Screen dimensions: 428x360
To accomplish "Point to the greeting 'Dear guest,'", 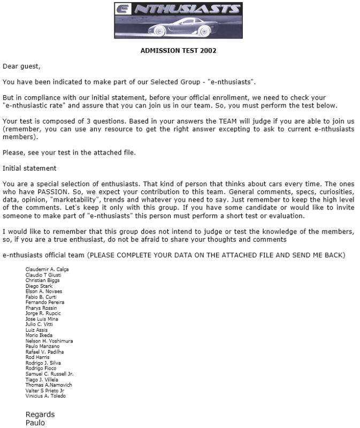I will coord(21,67).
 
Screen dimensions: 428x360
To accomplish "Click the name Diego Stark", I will coord(39,286).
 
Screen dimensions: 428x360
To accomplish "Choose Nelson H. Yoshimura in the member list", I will coord(49,341).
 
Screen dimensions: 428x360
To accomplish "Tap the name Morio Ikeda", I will coord(39,335).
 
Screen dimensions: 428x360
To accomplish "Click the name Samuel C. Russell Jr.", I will coord(50,374).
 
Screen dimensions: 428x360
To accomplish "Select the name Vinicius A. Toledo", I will coord(45,396).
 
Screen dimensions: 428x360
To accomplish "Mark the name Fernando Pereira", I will coord(45,302).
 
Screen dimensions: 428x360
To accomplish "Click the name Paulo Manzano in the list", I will coord(43,346).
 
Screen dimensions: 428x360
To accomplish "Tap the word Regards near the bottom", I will coord(40,415).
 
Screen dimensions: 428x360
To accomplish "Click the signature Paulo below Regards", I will coord(35,423).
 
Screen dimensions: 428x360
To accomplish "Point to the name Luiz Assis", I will coord(36,330).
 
